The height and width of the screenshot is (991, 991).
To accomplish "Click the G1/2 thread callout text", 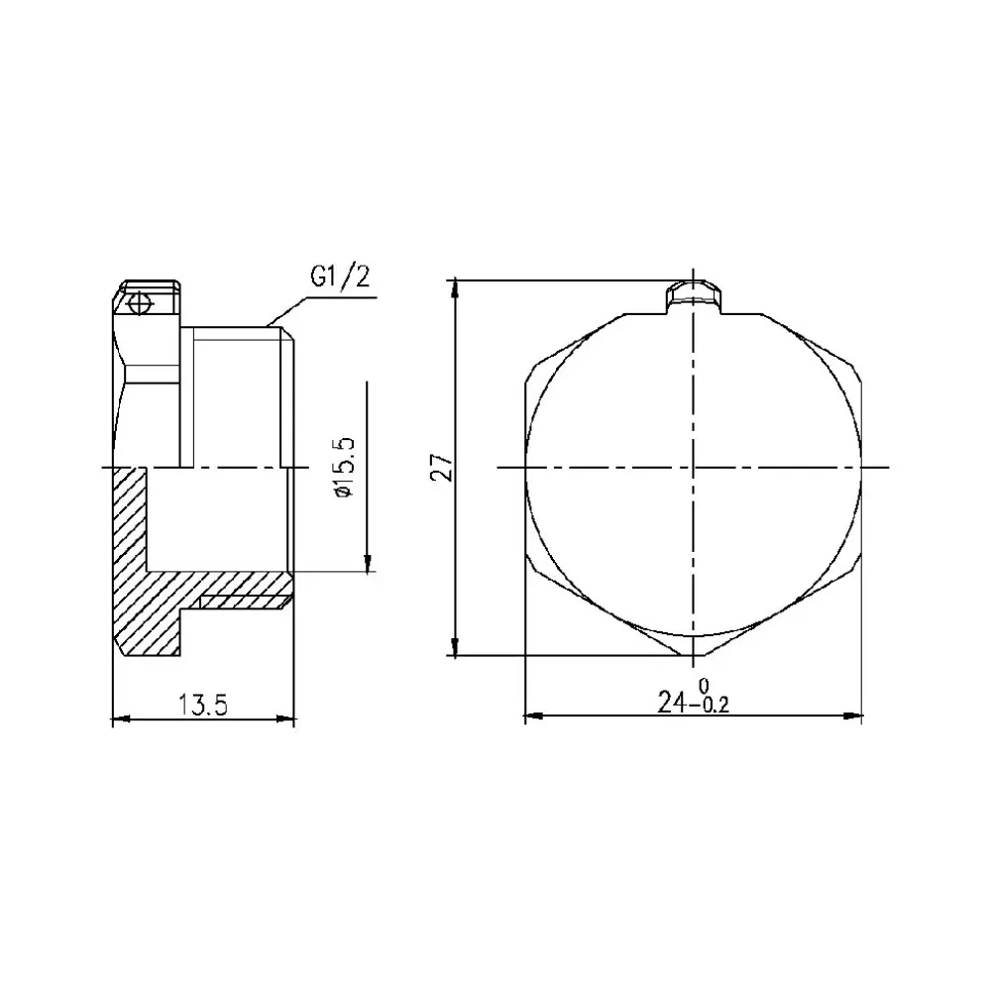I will (x=339, y=277).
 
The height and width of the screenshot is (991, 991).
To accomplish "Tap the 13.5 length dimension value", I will (x=204, y=705).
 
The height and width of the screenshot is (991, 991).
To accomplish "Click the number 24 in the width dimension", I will (x=674, y=702).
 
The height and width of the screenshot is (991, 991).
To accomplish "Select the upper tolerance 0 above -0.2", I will (x=704, y=686).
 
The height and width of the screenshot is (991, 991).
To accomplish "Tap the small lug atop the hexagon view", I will (x=694, y=294).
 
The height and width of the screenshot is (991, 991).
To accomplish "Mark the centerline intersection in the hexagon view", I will (x=694, y=467).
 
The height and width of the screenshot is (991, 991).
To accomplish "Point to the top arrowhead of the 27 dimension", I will (x=456, y=287).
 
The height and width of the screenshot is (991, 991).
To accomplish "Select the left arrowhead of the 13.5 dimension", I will (x=120, y=718).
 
